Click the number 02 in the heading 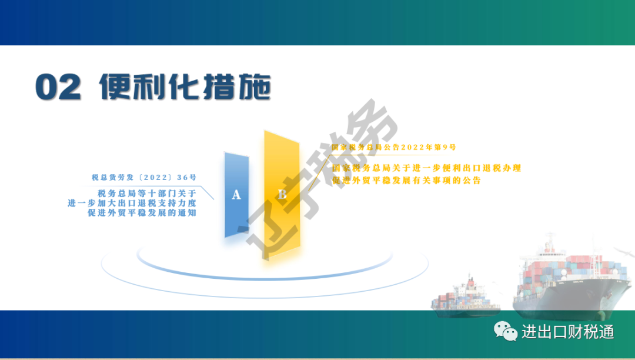tap(58, 86)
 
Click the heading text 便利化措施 tap(185, 86)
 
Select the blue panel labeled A tap(237, 195)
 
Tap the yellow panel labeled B tap(282, 194)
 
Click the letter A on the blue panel tap(236, 195)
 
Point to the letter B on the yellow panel tap(282, 194)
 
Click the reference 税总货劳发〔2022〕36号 tap(144, 178)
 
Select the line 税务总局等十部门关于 tap(147, 193)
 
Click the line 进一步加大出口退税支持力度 tap(132, 203)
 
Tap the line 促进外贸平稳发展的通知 tap(142, 212)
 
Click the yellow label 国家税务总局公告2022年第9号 tap(393, 147)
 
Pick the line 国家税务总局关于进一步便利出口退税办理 tap(426, 168)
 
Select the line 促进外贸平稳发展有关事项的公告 tap(407, 180)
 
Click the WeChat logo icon tap(506, 331)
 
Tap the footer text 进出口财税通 tap(568, 332)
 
